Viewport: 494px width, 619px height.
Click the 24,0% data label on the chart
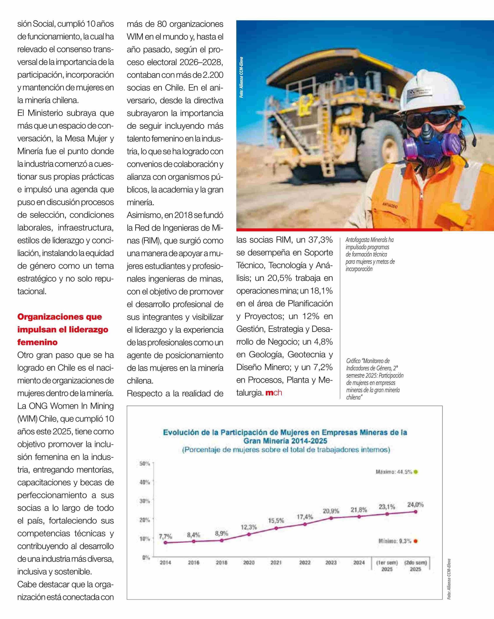coord(415,505)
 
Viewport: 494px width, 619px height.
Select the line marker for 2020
coord(249,534)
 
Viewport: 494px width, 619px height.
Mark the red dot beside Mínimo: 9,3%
coord(416,541)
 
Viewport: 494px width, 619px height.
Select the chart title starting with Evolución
coord(285,436)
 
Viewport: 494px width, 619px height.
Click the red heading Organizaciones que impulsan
coord(63,329)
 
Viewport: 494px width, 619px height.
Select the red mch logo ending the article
coord(274,392)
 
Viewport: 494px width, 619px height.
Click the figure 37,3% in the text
coord(321,240)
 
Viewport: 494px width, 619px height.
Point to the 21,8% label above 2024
coord(358,510)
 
